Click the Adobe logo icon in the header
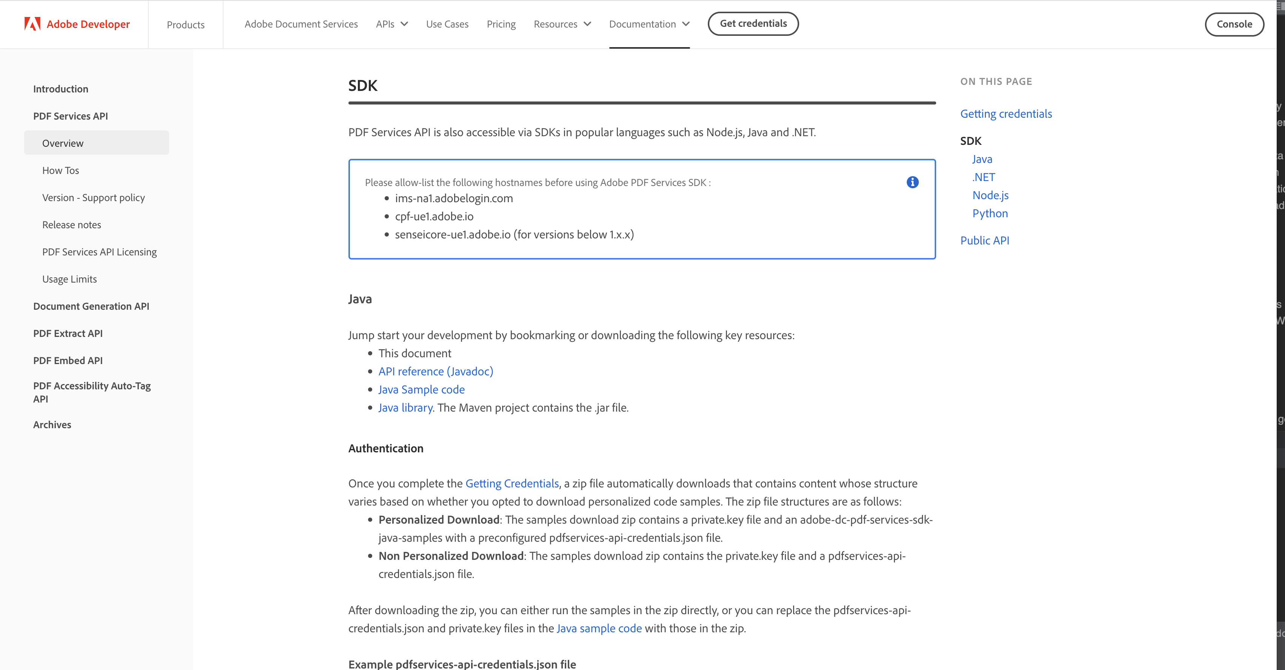(x=32, y=24)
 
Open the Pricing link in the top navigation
(x=501, y=24)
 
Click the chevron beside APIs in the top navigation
(x=405, y=24)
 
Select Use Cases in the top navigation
(x=447, y=24)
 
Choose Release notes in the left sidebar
(x=71, y=225)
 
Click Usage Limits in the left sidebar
(x=69, y=279)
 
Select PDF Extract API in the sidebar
(x=68, y=333)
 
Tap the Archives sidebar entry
(x=52, y=425)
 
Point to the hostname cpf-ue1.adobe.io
(x=434, y=217)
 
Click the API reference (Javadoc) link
(x=436, y=371)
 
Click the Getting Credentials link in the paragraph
(x=512, y=484)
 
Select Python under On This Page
(x=990, y=214)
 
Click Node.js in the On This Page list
(x=990, y=195)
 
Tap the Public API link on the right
(x=984, y=240)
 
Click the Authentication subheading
(x=385, y=448)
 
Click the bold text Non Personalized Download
(x=450, y=556)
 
